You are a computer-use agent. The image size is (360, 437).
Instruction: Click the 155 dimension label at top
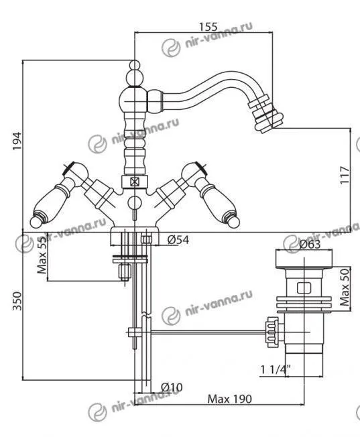point(208,27)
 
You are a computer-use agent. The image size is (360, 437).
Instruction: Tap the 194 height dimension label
point(17,141)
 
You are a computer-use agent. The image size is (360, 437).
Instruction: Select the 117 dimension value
point(345,175)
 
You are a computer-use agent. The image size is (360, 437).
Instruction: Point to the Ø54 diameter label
point(178,240)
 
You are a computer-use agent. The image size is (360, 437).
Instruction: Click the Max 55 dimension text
point(42,255)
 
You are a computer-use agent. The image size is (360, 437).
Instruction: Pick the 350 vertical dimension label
point(17,301)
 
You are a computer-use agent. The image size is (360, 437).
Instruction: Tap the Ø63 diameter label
point(310,245)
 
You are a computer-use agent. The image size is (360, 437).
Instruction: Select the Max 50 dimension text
point(345,287)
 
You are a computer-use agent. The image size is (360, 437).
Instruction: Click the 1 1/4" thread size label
point(276,369)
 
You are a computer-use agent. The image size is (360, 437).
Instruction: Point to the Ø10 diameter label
point(172,387)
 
